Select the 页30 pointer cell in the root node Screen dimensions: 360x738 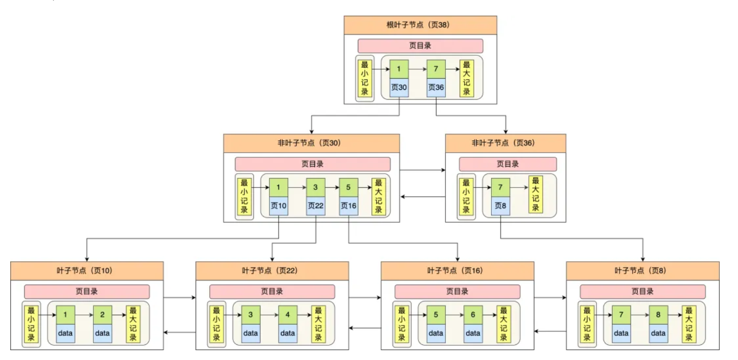(399, 88)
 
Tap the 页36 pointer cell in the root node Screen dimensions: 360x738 (436, 88)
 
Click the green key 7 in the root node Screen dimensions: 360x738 (436, 69)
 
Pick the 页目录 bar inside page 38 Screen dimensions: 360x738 (420, 46)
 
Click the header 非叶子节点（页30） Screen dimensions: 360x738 (311, 143)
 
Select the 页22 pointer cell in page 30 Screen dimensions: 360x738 (315, 206)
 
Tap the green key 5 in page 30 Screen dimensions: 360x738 (348, 188)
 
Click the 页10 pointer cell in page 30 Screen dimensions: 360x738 (278, 206)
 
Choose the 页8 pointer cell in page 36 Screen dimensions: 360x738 (500, 206)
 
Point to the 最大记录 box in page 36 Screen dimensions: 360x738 (536, 194)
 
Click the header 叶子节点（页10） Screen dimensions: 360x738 (87, 271)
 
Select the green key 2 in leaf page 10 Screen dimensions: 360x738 (102, 315)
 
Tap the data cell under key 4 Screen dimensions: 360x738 (288, 333)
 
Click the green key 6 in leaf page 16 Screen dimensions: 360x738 (473, 315)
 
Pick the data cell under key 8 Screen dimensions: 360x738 (658, 333)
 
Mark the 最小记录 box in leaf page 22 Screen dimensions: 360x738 (216, 324)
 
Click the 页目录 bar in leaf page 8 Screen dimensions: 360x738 (642, 292)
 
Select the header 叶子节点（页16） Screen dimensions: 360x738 (457, 271)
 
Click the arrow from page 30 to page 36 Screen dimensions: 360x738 (422, 170)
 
